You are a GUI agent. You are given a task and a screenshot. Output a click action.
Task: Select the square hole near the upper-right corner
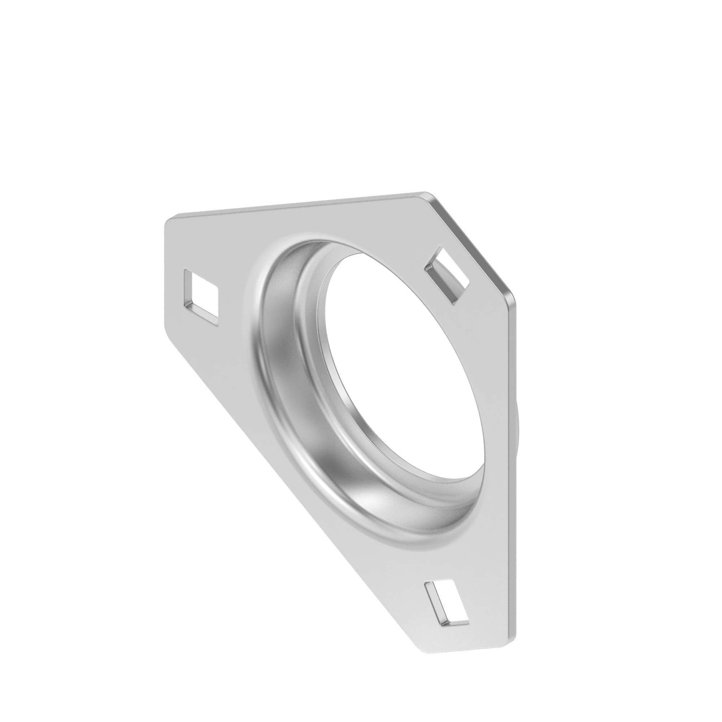pos(448,274)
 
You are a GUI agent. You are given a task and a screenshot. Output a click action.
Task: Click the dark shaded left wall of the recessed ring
pos(277,359)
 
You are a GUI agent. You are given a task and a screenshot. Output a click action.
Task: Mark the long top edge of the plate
pos(299,205)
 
